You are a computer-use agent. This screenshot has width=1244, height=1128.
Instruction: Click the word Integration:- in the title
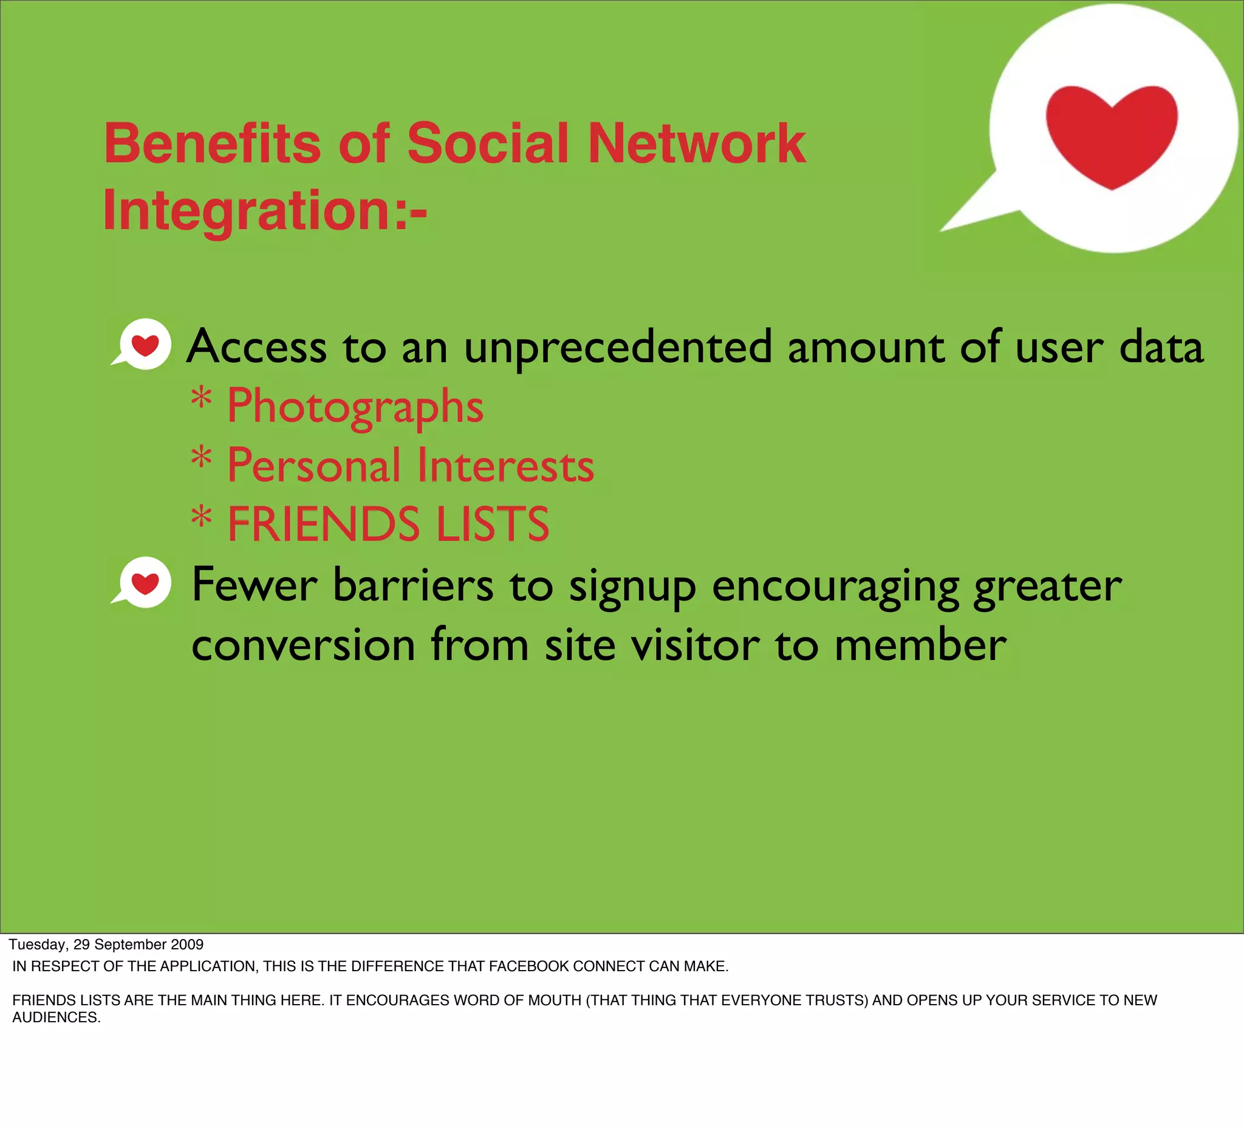click(x=265, y=210)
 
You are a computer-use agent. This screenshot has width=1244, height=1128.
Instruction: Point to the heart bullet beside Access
click(x=144, y=345)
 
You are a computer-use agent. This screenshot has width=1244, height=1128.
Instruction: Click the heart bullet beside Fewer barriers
click(x=144, y=583)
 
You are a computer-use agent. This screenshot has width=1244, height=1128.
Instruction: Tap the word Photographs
click(x=355, y=406)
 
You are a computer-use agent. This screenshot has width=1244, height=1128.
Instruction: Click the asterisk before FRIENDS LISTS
click(x=201, y=517)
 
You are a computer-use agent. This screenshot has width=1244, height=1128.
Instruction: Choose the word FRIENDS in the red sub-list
click(x=324, y=524)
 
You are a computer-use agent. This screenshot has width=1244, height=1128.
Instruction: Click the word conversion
click(x=304, y=645)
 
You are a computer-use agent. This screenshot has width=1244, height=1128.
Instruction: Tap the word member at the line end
click(x=920, y=645)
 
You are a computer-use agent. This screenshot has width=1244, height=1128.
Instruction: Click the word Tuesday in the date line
click(x=38, y=944)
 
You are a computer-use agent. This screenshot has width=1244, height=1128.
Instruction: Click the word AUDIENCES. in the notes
click(x=56, y=1017)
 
